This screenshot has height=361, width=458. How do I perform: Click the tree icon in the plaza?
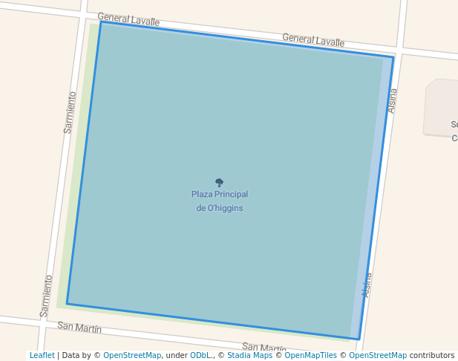pos(219,182)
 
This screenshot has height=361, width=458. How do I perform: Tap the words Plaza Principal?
pos(220,195)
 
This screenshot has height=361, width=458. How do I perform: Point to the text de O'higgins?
pos(220,208)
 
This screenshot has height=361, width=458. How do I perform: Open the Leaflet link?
pos(42,355)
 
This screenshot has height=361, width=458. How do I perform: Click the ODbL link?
pos(200,355)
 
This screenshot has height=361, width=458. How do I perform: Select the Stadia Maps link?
pos(249,355)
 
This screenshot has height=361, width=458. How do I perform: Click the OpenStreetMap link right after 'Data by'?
pos(132,355)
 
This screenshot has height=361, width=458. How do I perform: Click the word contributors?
pos(432,355)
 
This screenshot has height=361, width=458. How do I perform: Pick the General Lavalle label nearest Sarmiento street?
pos(128,19)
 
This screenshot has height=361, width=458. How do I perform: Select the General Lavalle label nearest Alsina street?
pos(313,40)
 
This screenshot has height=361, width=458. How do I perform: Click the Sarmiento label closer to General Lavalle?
pos(70,112)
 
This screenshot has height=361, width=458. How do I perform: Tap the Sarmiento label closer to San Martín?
pos(47,296)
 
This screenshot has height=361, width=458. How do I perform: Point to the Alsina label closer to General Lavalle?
pos(393,101)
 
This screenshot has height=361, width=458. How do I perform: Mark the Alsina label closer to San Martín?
pos(367,285)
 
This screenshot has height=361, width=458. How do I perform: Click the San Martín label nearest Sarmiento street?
pos(79,327)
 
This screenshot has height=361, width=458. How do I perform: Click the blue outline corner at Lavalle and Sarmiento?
pos(101,22)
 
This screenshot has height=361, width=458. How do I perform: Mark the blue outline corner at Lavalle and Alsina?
pos(393,57)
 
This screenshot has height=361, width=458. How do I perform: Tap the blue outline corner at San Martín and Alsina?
pos(359,339)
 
